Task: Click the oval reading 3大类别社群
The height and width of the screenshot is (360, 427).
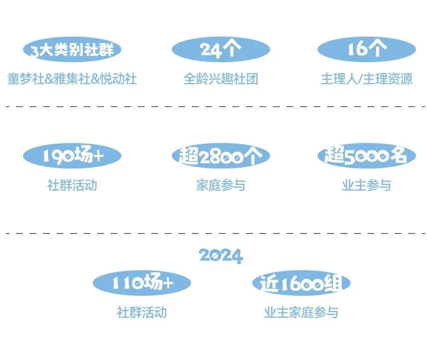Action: (x=72, y=50)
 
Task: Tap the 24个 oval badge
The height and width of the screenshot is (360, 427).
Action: (x=221, y=50)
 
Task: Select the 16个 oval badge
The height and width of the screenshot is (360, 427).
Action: (x=366, y=50)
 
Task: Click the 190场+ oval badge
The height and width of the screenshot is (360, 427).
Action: (x=72, y=156)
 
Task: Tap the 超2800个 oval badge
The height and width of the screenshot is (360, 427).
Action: (x=221, y=156)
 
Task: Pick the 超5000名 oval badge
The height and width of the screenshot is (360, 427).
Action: (x=366, y=156)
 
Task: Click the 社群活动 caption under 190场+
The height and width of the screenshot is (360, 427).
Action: (x=72, y=185)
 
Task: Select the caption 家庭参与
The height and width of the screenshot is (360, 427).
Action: (x=221, y=185)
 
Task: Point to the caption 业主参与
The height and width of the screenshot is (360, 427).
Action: (x=366, y=185)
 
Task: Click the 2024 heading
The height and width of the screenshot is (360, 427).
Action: (x=221, y=256)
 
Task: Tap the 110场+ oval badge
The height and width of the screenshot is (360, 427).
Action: (x=141, y=283)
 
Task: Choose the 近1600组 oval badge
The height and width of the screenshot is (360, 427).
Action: (x=301, y=283)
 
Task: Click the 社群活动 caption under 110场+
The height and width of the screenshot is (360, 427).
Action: (x=141, y=312)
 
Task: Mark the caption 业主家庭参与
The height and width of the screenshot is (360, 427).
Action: (x=301, y=312)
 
